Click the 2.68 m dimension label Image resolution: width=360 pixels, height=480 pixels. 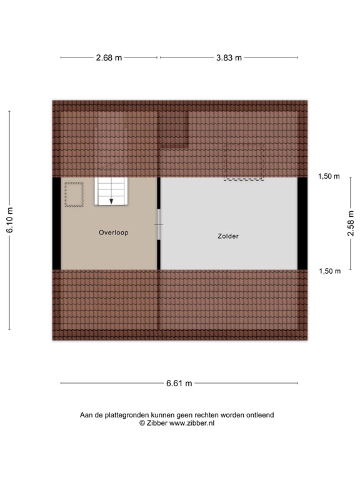pyautogui.click(x=109, y=57)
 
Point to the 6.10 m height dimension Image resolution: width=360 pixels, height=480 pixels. pyautogui.click(x=9, y=220)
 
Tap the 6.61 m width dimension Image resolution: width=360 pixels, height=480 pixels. pyautogui.click(x=179, y=383)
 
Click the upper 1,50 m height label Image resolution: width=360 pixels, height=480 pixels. pyautogui.click(x=329, y=176)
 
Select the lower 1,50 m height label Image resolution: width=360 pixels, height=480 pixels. pyautogui.click(x=329, y=271)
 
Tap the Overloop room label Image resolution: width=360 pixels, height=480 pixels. pyautogui.click(x=113, y=232)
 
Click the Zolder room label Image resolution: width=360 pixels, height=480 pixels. pyautogui.click(x=228, y=236)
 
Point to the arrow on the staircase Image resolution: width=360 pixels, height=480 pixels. pyautogui.click(x=111, y=201)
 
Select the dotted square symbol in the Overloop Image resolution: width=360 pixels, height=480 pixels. pyautogui.click(x=74, y=194)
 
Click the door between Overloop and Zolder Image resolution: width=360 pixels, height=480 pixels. pyautogui.click(x=159, y=224)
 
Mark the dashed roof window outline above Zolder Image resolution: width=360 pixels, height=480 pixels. pyautogui.click(x=243, y=162)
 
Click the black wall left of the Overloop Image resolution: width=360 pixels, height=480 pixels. pyautogui.click(x=57, y=223)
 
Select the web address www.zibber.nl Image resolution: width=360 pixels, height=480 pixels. pyautogui.click(x=192, y=423)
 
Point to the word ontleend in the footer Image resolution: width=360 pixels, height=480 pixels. pyautogui.click(x=259, y=414)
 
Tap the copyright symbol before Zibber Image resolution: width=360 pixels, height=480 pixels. pyautogui.click(x=142, y=423)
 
